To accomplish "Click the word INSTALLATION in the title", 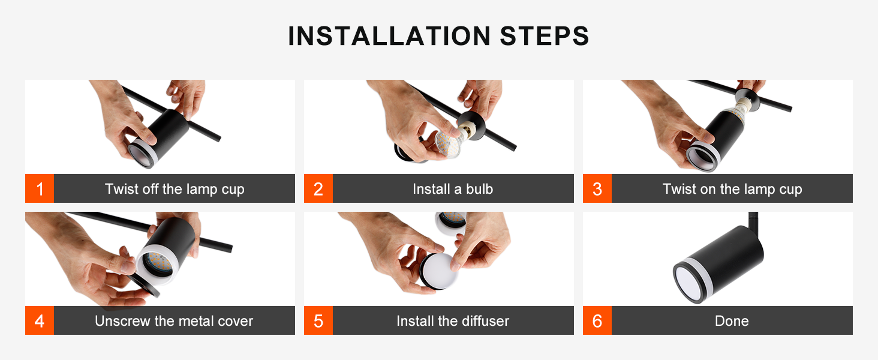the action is [x=389, y=36].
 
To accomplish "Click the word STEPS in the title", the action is [x=545, y=36].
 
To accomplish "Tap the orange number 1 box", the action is [x=40, y=188].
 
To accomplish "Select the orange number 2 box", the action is [x=318, y=188].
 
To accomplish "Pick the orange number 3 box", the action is [x=597, y=188].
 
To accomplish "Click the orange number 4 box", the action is [x=40, y=320].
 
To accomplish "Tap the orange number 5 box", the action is [x=318, y=320].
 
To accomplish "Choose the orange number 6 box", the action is [x=597, y=320].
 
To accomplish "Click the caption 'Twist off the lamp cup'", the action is [x=175, y=189].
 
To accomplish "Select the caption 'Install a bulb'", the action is [x=453, y=189].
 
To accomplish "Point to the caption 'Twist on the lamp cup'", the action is [x=732, y=189].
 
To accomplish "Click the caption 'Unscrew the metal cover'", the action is [x=174, y=321].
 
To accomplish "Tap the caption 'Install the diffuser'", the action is [x=453, y=321].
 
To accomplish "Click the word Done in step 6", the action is [x=732, y=321].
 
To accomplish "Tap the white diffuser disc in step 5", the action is [x=440, y=271].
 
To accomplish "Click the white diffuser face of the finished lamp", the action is [x=689, y=284].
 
